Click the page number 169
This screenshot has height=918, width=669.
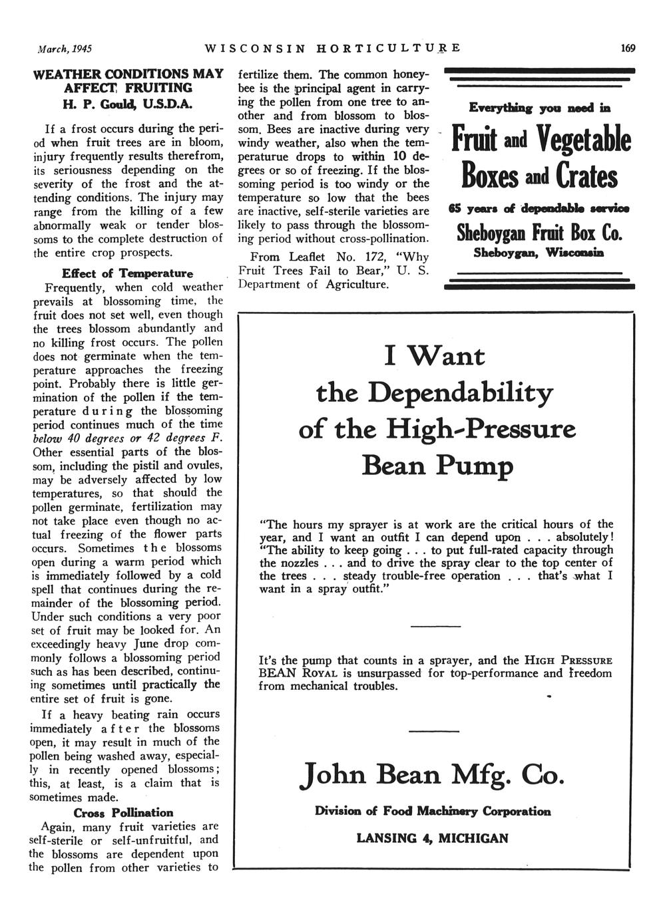click(x=627, y=49)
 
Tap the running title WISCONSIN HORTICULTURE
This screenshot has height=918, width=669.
click(x=333, y=49)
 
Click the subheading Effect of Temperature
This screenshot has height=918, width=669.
click(x=127, y=273)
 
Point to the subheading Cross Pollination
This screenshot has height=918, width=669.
click(x=123, y=812)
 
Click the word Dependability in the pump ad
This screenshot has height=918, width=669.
click(x=460, y=392)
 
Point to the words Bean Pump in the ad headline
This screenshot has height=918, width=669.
click(x=437, y=466)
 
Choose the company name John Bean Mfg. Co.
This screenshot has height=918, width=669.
click(x=433, y=776)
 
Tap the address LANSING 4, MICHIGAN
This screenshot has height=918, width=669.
click(x=433, y=838)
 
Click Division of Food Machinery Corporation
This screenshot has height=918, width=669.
click(x=433, y=812)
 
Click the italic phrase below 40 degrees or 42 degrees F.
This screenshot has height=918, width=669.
click(x=127, y=438)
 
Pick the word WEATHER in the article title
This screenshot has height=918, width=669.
click(x=65, y=74)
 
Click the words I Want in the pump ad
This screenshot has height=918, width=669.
click(x=435, y=356)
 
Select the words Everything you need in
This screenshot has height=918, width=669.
click(x=539, y=107)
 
